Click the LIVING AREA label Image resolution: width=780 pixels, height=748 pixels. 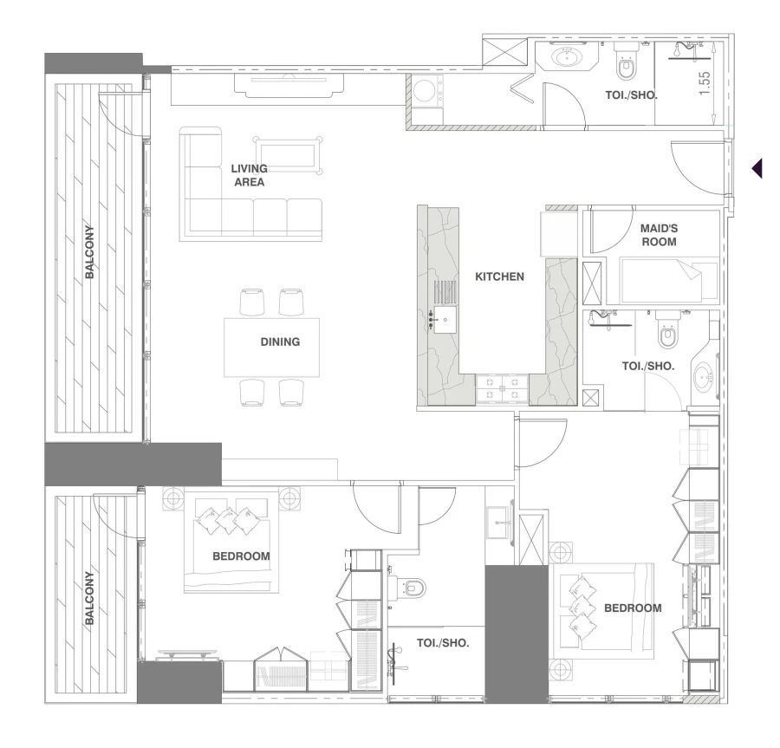point(249,175)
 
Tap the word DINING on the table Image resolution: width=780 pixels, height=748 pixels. point(280,341)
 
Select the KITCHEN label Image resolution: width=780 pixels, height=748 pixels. point(499,277)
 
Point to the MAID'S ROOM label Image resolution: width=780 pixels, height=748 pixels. point(658,235)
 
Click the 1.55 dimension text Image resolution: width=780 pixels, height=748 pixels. point(705,84)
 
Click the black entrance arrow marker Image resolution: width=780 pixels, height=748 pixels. point(757,167)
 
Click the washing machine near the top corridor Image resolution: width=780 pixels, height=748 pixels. point(426,94)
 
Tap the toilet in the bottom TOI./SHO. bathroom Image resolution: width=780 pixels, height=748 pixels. point(413,588)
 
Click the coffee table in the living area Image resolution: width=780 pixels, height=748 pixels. point(288,154)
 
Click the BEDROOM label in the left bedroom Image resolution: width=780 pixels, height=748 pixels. point(241,556)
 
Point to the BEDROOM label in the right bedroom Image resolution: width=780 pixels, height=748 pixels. point(632,608)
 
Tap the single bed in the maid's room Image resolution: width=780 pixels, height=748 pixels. point(667,280)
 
